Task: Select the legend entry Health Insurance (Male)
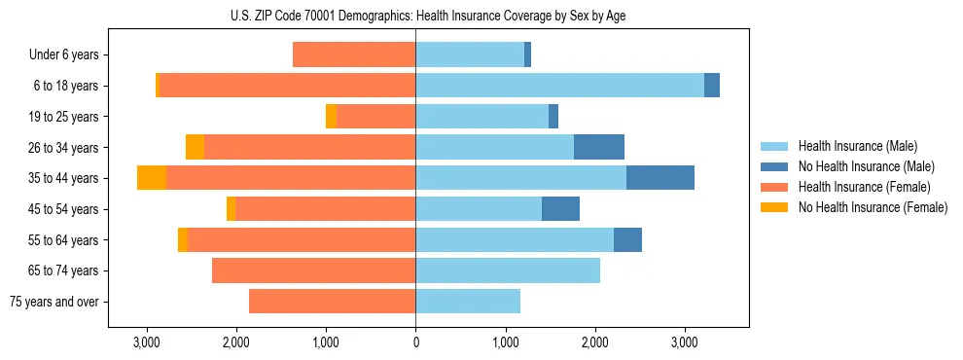point(856,146)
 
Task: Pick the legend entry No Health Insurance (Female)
point(873,207)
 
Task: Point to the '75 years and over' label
point(54,302)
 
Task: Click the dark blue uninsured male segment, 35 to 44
point(660,178)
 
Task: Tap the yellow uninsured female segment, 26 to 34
point(195,147)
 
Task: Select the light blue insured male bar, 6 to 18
point(559,86)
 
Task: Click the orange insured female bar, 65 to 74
point(313,270)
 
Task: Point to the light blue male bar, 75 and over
point(468,302)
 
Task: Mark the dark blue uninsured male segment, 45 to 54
point(560,209)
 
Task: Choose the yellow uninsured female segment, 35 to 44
point(152,178)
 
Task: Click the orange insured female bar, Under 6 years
point(354,55)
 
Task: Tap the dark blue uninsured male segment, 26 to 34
point(599,147)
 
